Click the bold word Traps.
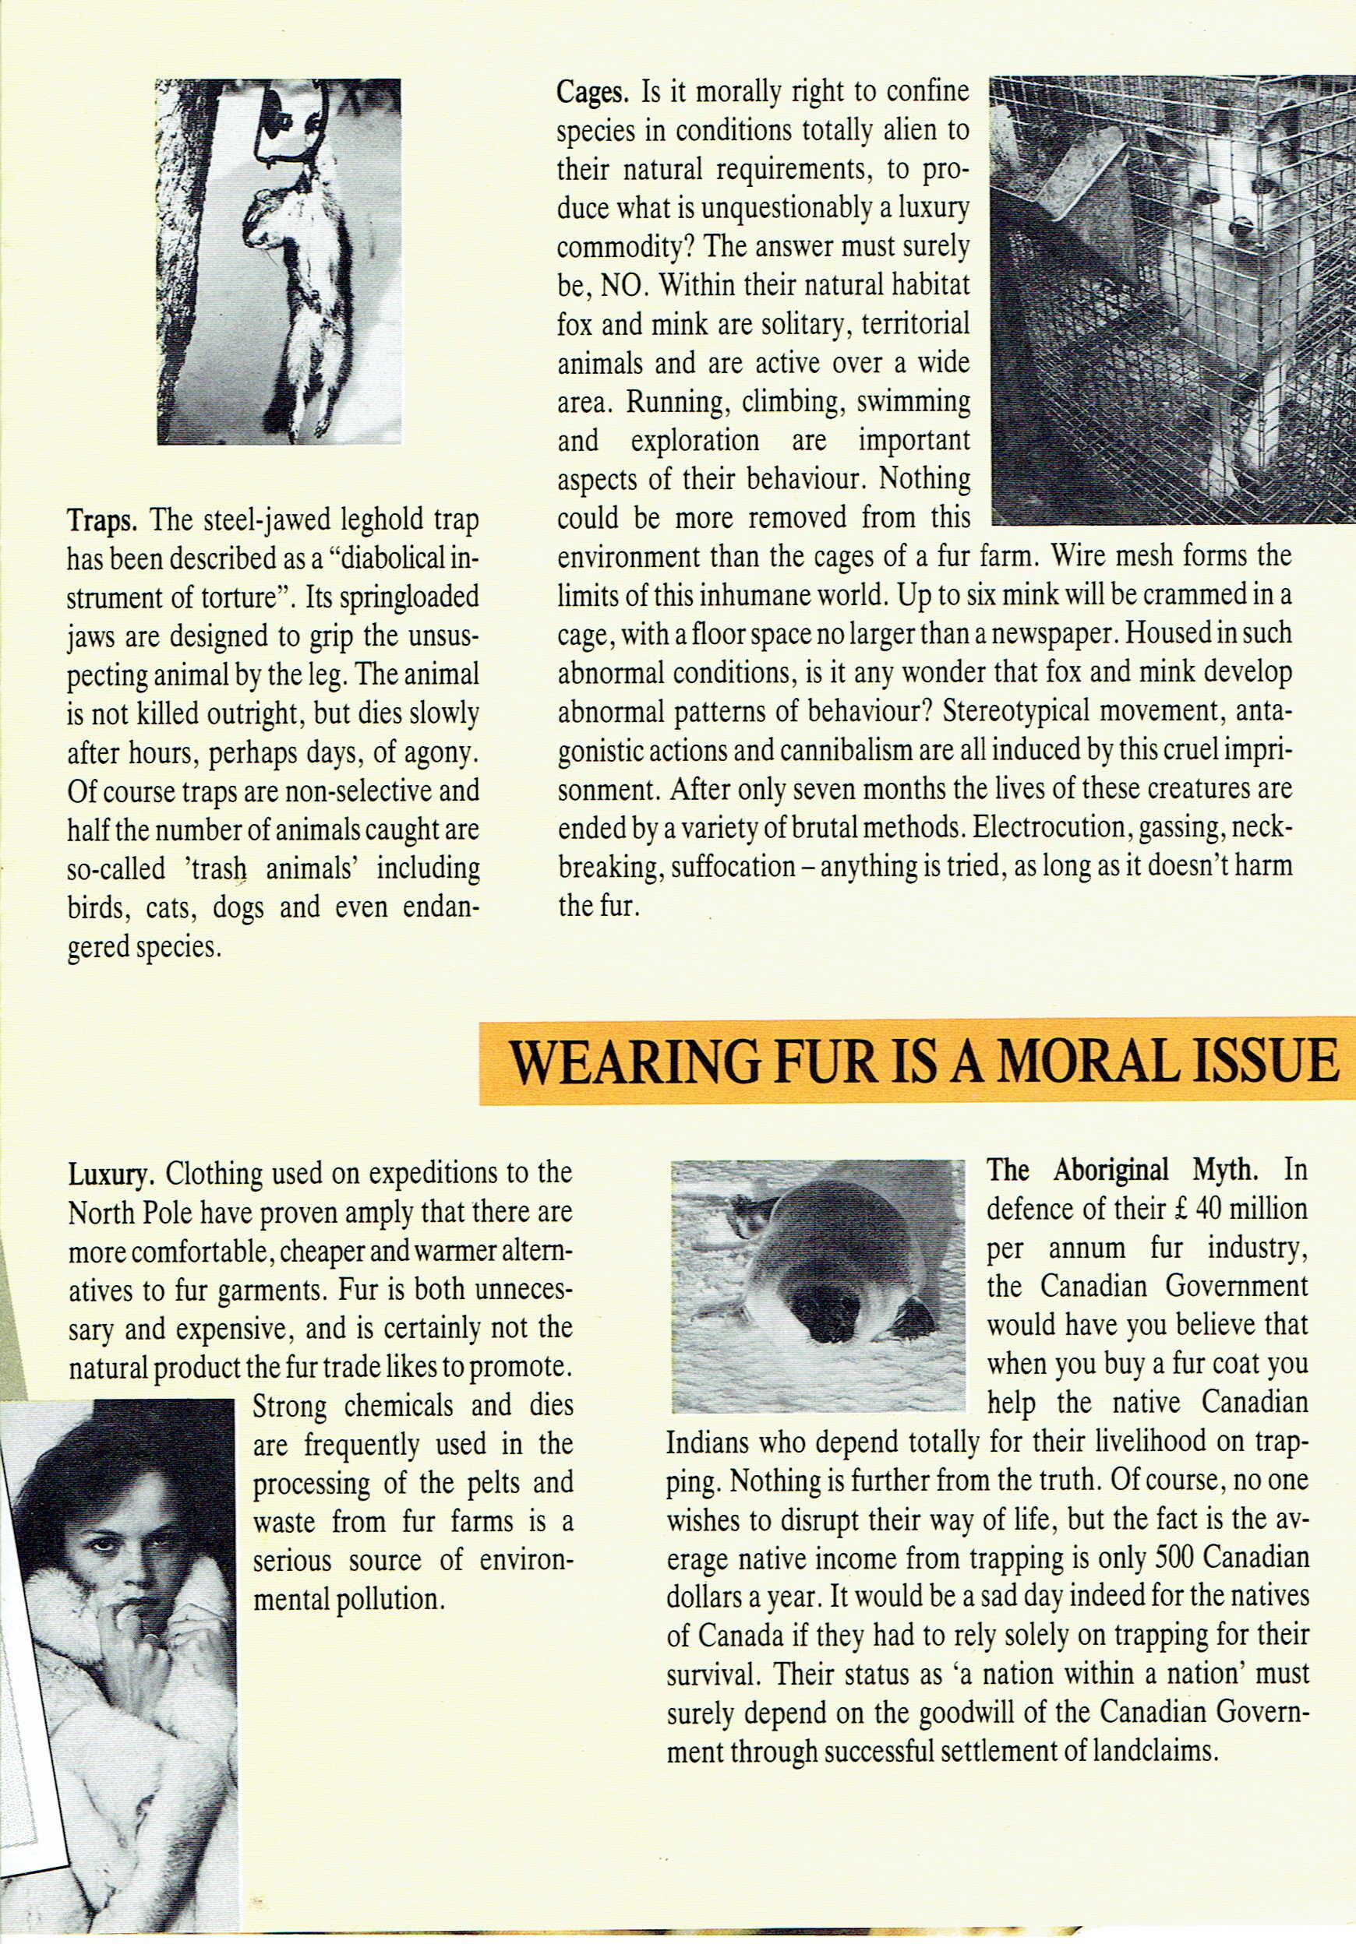pos(101,519)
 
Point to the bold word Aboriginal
pos(1111,1171)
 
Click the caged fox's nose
pos(1241,225)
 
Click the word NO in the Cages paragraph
pos(623,286)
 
